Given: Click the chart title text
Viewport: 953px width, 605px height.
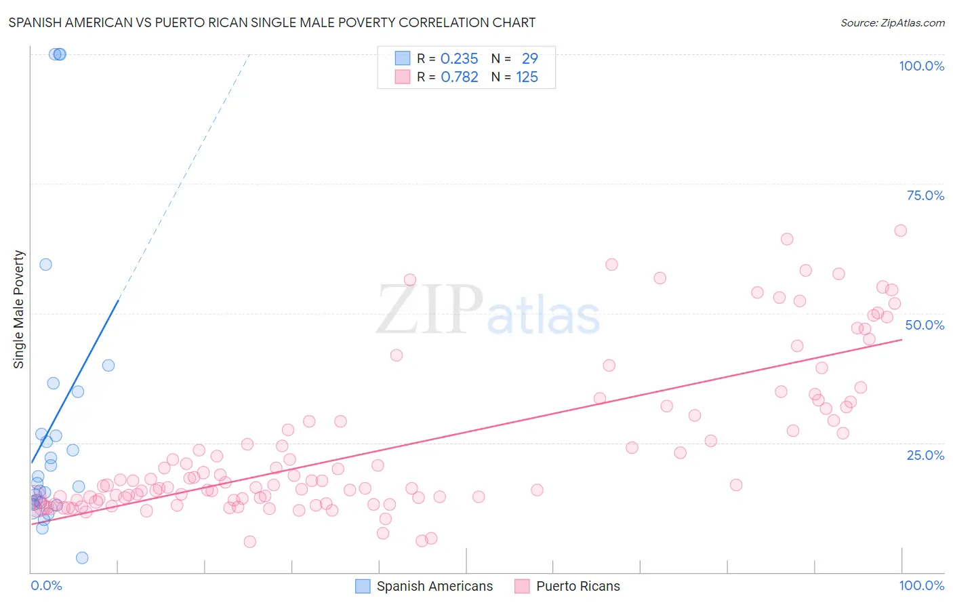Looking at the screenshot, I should click(x=272, y=22).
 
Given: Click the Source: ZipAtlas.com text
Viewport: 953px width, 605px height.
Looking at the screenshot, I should click(x=892, y=22).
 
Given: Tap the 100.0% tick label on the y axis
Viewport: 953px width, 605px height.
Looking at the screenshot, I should click(x=921, y=66).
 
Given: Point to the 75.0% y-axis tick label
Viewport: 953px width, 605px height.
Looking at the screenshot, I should click(x=925, y=195).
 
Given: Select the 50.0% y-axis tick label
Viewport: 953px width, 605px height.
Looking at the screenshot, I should click(x=925, y=325).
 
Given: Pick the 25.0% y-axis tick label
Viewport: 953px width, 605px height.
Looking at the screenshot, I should click(x=925, y=454).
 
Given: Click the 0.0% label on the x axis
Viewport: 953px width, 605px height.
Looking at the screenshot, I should click(x=46, y=585).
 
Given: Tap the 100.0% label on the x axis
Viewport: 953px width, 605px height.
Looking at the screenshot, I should click(x=921, y=585).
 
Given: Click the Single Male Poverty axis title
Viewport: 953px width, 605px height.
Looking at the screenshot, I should click(x=19, y=309).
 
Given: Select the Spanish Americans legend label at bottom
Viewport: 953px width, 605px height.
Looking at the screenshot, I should click(x=434, y=586).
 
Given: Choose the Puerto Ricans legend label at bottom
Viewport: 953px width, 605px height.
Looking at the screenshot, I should click(x=577, y=586).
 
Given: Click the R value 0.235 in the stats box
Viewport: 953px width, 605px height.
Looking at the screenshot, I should click(x=459, y=59).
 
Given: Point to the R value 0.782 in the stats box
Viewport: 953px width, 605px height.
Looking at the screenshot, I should click(x=459, y=77).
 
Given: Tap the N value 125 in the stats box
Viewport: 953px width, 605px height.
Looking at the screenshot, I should click(x=527, y=77).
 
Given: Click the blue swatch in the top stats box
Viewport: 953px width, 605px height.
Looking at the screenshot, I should click(x=403, y=58).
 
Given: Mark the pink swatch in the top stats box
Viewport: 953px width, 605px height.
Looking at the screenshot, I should click(x=403, y=77).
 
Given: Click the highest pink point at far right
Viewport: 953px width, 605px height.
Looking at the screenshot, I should click(x=900, y=231).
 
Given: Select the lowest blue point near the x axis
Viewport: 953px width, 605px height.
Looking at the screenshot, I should click(x=82, y=558).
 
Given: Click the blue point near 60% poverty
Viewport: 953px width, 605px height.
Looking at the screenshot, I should click(x=45, y=265).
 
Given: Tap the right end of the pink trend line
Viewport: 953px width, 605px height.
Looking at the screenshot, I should click(x=901, y=339).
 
